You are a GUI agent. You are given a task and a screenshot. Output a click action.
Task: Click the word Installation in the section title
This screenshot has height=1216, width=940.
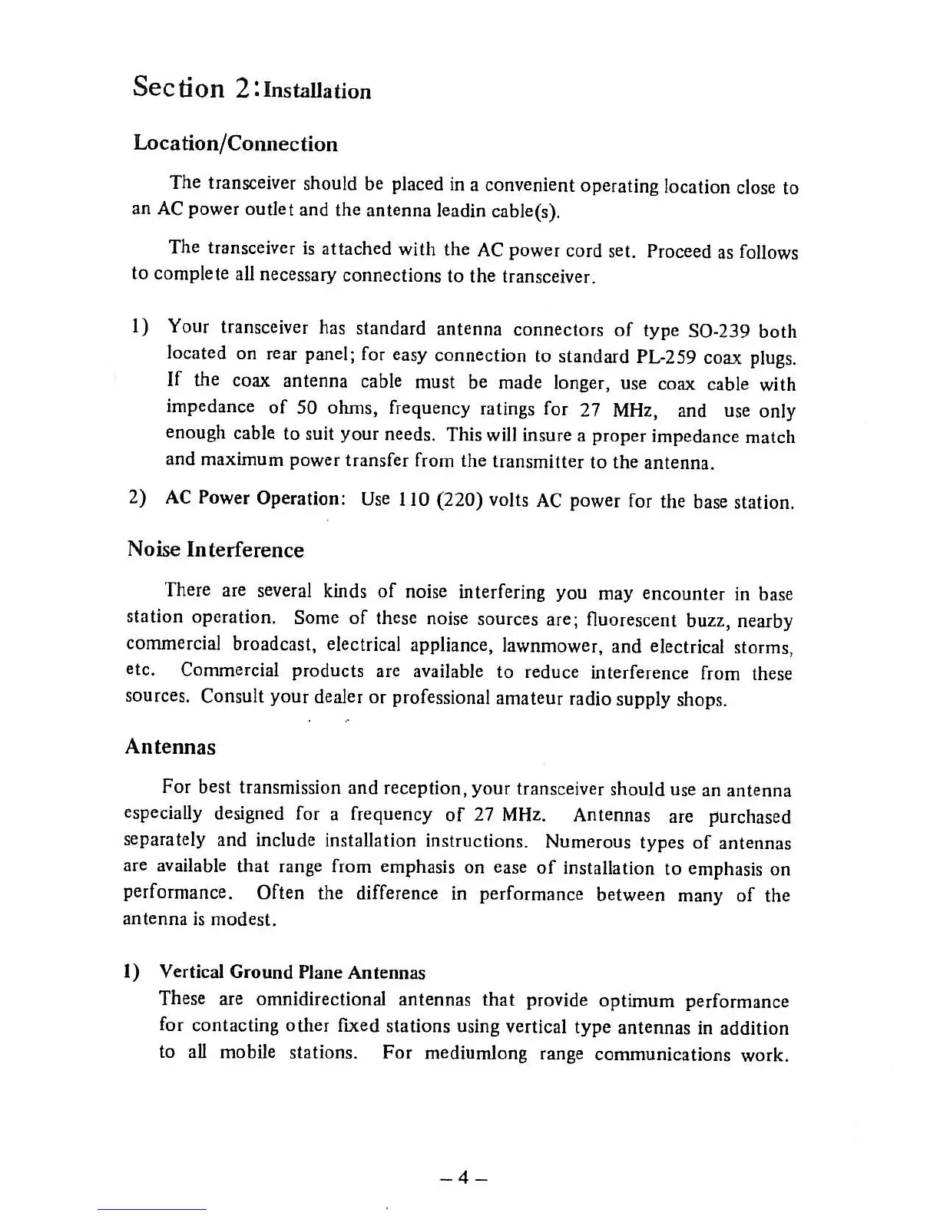316,91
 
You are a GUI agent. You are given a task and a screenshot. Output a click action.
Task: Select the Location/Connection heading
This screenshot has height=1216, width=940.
235,144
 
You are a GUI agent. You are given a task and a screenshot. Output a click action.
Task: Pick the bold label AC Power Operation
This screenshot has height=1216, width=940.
257,498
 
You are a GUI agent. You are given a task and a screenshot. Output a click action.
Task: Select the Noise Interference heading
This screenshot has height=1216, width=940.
215,550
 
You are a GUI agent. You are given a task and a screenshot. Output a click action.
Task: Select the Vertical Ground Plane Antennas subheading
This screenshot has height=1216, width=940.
292,973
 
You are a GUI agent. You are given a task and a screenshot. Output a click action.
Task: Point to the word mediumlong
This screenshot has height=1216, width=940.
476,1052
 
